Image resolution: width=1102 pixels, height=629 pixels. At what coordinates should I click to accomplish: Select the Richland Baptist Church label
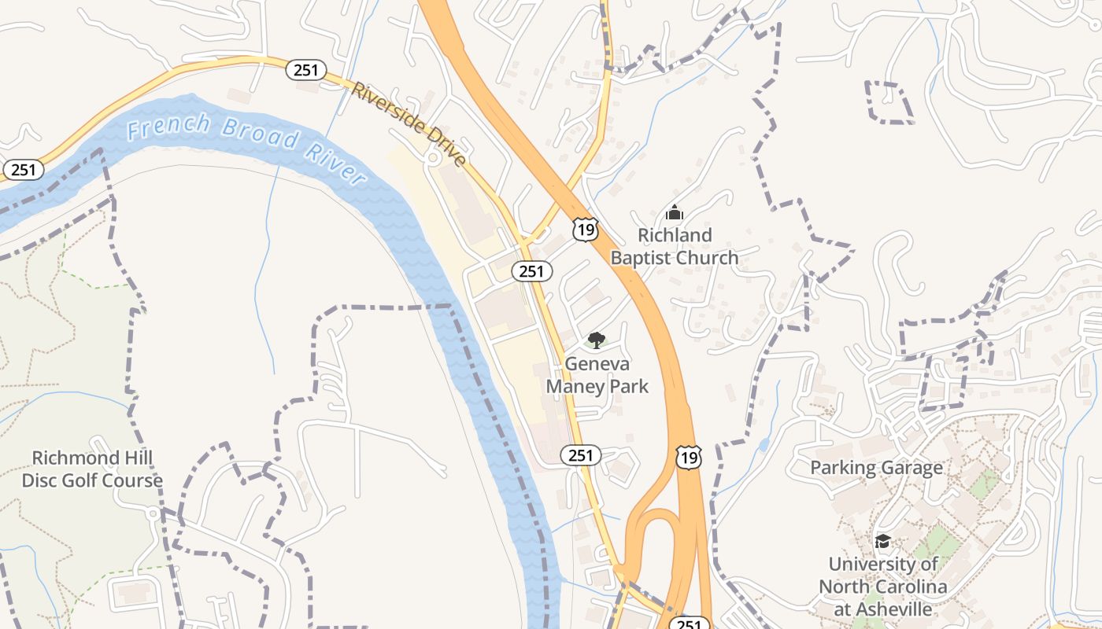tap(675, 246)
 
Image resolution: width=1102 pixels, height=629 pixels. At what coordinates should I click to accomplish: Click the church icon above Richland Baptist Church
tap(675, 212)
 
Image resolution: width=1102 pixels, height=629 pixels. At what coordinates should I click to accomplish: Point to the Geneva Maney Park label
tap(597, 375)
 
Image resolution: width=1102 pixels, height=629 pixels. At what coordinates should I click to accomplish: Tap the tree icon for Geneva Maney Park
tap(597, 340)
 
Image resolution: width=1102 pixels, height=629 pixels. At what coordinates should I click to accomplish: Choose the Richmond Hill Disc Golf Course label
tap(92, 469)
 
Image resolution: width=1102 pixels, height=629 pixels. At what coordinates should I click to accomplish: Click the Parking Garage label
tap(876, 468)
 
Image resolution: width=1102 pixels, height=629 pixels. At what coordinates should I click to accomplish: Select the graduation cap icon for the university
tap(882, 542)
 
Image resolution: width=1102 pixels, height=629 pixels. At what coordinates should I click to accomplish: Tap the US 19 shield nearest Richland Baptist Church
tap(586, 230)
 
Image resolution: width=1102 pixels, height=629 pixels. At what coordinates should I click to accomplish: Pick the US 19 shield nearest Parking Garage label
tap(688, 458)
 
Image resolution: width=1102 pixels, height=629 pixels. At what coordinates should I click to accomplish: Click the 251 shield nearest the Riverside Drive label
tap(305, 70)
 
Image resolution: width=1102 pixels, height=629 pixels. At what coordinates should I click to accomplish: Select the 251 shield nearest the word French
tap(24, 169)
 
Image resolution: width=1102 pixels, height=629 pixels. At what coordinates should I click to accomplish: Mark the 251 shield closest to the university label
tap(688, 623)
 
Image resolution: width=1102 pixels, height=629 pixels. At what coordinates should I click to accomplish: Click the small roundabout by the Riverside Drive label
tap(433, 158)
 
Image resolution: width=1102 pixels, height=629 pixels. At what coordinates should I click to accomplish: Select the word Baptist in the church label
tap(645, 257)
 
